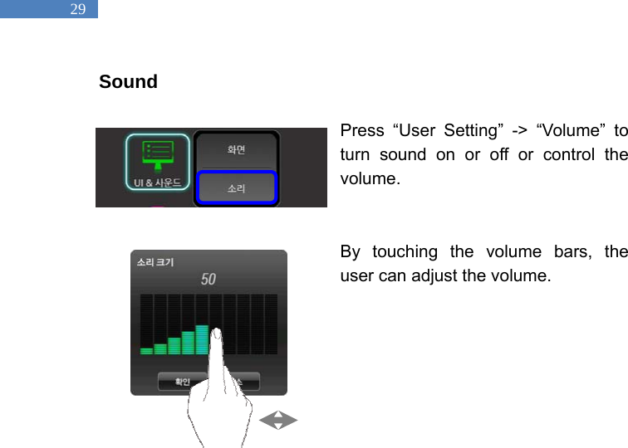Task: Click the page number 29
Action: click(x=77, y=10)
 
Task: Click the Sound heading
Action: click(x=128, y=82)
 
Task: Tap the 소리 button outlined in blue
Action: click(x=237, y=189)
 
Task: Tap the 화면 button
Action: click(x=237, y=150)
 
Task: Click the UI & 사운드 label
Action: click(x=158, y=181)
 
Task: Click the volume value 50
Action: click(x=209, y=279)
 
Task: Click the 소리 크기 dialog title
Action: click(x=155, y=261)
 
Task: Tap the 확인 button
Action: click(x=182, y=382)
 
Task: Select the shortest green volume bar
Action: click(x=146, y=350)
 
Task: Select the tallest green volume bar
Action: click(x=202, y=339)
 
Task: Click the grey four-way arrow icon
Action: click(x=278, y=421)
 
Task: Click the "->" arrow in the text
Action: click(x=511, y=131)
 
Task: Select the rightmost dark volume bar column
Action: click(x=271, y=324)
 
